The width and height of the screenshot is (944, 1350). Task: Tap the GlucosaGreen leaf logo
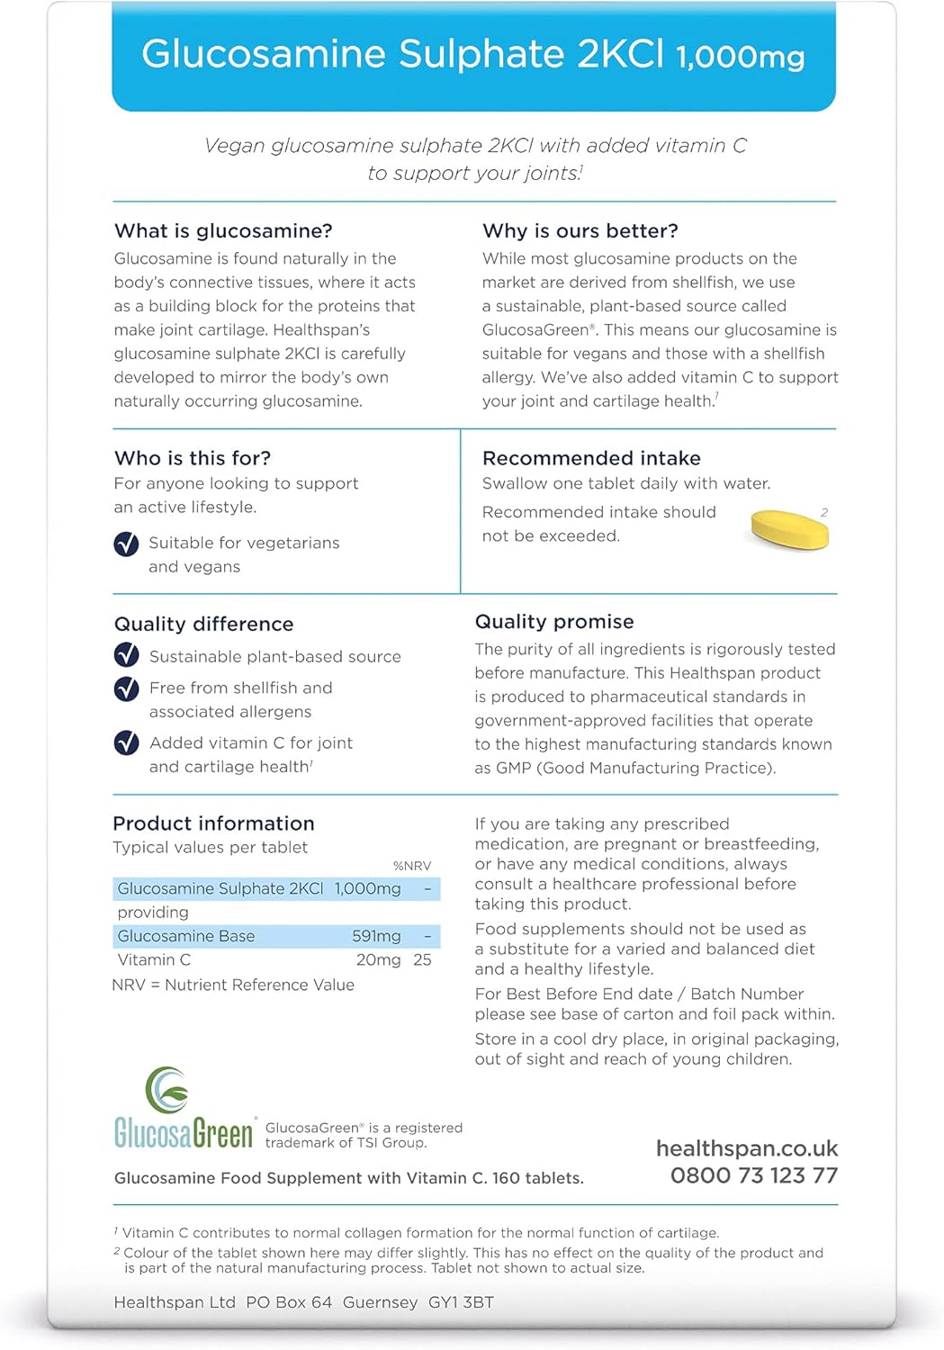pyautogui.click(x=167, y=1090)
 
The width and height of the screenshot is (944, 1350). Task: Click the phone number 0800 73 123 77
pyautogui.click(x=753, y=1175)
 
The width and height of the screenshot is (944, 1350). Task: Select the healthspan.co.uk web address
pyautogui.click(x=746, y=1148)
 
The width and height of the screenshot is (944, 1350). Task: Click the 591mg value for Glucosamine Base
pyautogui.click(x=376, y=936)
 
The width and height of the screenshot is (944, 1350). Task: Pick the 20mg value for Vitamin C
pyautogui.click(x=378, y=960)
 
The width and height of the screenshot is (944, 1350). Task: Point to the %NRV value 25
pyautogui.click(x=422, y=960)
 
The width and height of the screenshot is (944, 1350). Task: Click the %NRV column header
pyautogui.click(x=412, y=866)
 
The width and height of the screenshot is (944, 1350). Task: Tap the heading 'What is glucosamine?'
pyautogui.click(x=223, y=231)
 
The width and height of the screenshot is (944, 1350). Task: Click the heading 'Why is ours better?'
pyautogui.click(x=580, y=231)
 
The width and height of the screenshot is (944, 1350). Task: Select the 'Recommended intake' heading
pyautogui.click(x=591, y=458)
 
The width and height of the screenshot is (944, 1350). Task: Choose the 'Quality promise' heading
pyautogui.click(x=554, y=622)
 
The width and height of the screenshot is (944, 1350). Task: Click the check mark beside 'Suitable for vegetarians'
pyautogui.click(x=126, y=544)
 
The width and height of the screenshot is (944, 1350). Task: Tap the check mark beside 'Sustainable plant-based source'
pyautogui.click(x=126, y=655)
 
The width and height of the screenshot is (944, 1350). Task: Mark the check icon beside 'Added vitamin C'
pyautogui.click(x=126, y=742)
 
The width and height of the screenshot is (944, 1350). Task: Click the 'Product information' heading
pyautogui.click(x=213, y=823)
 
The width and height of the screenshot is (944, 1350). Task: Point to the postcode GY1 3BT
pyautogui.click(x=461, y=1302)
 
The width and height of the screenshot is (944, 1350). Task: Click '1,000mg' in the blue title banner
pyautogui.click(x=740, y=58)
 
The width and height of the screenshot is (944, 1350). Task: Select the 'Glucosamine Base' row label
pyautogui.click(x=186, y=936)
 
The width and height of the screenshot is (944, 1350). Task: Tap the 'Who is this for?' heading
pyautogui.click(x=193, y=458)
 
